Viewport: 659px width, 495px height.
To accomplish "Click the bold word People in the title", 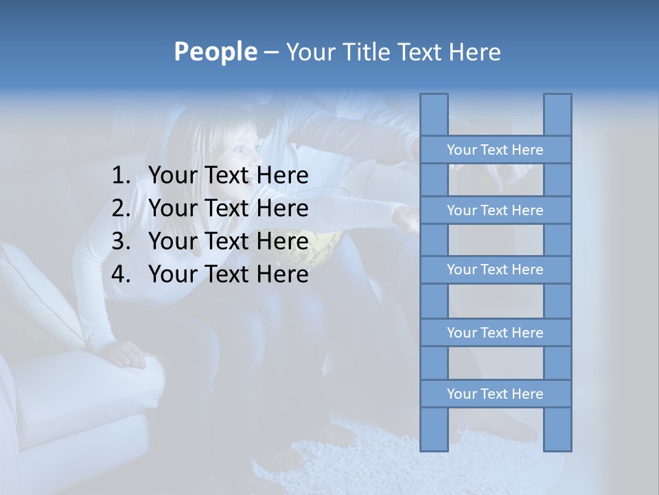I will [x=215, y=52].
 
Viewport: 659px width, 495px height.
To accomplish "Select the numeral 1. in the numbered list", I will [x=121, y=176].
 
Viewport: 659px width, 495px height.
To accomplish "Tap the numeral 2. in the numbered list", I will [x=121, y=208].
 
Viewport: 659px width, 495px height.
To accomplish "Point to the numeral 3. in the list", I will [x=121, y=241].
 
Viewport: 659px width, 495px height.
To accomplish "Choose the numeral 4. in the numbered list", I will [x=121, y=274].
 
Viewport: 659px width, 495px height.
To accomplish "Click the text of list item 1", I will [x=228, y=176].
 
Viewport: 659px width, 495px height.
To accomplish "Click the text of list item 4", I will [x=228, y=274].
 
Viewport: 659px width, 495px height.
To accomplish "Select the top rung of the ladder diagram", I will [x=495, y=150].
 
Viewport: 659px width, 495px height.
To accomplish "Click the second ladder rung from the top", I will [x=495, y=210].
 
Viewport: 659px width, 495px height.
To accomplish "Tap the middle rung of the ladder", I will [x=495, y=269].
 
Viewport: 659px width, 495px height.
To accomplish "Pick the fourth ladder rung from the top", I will [x=495, y=333].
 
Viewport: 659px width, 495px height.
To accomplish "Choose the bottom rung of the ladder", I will [x=495, y=394].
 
